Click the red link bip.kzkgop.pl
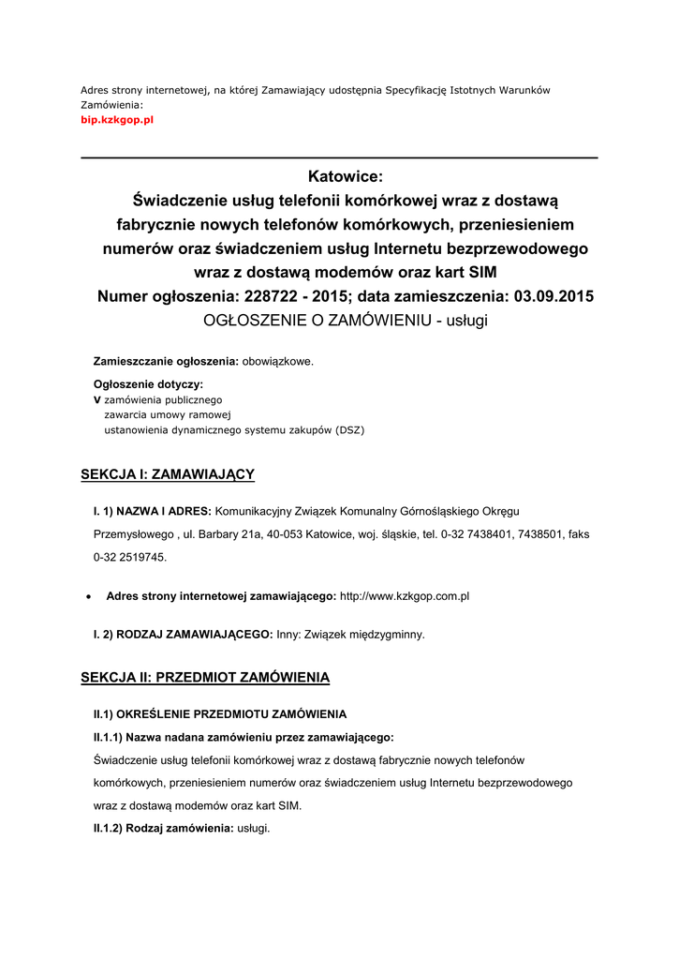(116, 121)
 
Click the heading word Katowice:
(346, 176)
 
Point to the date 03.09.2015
(548, 296)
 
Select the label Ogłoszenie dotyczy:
(148, 383)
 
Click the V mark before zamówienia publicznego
(96, 399)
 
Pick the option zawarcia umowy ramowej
(168, 414)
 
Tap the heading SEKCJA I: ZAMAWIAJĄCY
(168, 474)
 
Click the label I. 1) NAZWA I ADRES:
(153, 511)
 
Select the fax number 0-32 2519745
(128, 556)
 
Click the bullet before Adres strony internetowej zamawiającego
(87, 596)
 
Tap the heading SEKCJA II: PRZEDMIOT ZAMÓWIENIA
(205, 677)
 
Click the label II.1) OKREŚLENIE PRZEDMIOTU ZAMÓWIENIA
(219, 714)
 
